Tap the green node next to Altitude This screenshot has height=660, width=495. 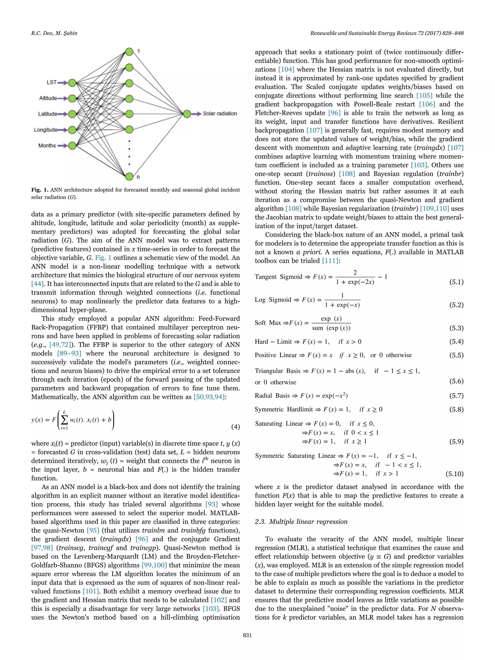(x=72, y=98)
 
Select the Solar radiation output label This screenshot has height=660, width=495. (x=220, y=114)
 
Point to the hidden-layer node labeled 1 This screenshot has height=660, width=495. (x=129, y=52)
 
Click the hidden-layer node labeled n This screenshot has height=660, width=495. (x=129, y=176)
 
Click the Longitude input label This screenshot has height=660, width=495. (x=45, y=130)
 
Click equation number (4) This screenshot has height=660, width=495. (x=235, y=427)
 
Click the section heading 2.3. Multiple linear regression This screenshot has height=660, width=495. (x=301, y=522)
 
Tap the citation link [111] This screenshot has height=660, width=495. (x=330, y=261)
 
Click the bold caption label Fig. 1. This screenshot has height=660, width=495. (x=40, y=190)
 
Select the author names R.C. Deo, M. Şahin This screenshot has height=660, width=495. (x=54, y=33)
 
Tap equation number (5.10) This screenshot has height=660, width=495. (x=454, y=474)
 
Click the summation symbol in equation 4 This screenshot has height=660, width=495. (x=64, y=420)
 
